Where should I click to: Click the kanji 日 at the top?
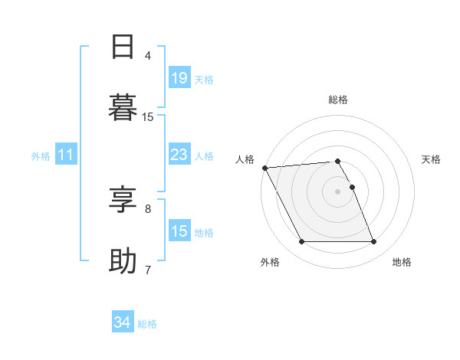pos(123,47)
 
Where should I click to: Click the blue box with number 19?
pos(179,77)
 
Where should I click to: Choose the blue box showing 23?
pos(179,155)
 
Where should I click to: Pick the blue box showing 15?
pos(179,231)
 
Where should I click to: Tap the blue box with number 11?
pos(66,155)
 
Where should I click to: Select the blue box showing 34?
pos(123,322)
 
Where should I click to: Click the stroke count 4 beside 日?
pos(147,56)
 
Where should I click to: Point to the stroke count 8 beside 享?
pos(147,208)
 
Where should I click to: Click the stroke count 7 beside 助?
pos(147,270)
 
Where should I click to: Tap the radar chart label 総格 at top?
pos(338,100)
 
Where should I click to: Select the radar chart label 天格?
pos(432,159)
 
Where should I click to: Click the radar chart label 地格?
pos(402,262)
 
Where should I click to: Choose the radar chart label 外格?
pos(270,262)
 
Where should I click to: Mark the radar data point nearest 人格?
pos(264,168)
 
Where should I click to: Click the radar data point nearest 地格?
pos(373,242)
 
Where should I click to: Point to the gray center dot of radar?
pos(337,191)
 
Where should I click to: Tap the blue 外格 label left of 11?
pos(41,155)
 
